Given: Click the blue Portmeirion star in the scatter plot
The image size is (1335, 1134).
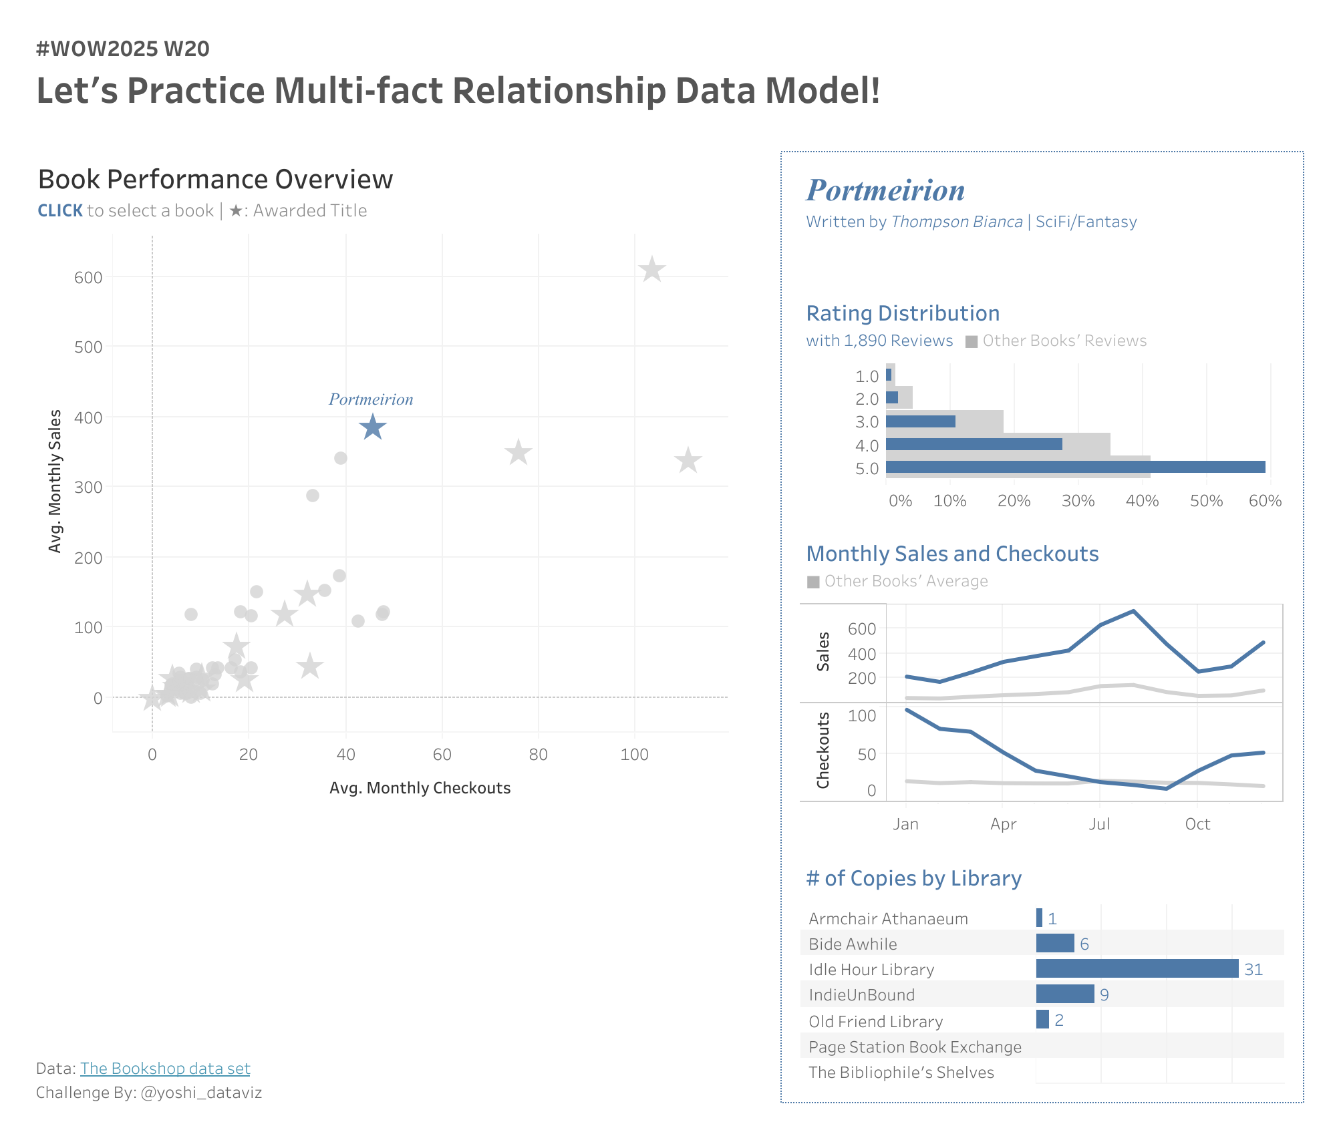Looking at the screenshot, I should click(373, 427).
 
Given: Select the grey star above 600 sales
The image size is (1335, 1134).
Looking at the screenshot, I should click(651, 270).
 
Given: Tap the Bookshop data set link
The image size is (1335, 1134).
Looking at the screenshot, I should click(165, 1069).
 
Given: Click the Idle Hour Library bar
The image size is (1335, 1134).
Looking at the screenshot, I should click(1137, 969).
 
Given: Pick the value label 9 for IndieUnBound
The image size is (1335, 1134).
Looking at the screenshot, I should click(1104, 995).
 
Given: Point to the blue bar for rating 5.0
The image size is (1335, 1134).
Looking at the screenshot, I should click(1075, 467).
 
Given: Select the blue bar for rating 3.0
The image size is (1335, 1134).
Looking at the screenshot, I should click(920, 421).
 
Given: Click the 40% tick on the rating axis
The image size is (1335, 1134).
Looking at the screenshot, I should click(1142, 501).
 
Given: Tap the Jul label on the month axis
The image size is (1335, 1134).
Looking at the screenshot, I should click(1099, 824).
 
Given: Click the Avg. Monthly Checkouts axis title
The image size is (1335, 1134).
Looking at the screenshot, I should click(420, 788).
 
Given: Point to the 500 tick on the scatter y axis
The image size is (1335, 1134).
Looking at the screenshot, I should click(88, 347).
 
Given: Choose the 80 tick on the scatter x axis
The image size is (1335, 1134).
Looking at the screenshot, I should click(538, 755).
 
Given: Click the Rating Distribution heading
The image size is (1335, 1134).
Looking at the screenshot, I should click(903, 313).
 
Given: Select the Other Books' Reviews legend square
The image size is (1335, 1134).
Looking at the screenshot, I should click(972, 341).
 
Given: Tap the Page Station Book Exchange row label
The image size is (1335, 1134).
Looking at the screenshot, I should click(915, 1047).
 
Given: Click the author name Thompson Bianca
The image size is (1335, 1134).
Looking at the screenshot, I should click(956, 222).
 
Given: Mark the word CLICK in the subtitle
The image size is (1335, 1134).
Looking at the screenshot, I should click(60, 211).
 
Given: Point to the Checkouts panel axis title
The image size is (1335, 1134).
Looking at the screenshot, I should click(823, 751).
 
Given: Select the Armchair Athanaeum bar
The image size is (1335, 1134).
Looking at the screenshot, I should click(1039, 918).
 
